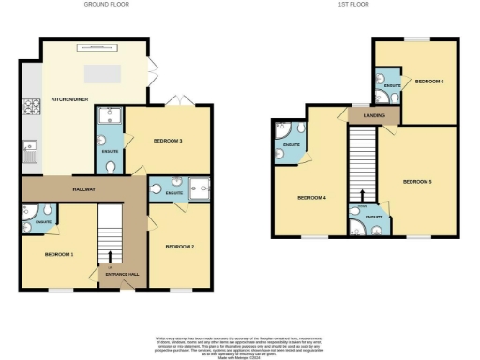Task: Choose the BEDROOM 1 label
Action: (58, 254)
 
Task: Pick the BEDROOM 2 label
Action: (179, 247)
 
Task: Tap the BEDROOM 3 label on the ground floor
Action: (167, 141)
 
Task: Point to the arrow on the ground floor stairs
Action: (112, 254)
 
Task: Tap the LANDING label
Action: (363, 115)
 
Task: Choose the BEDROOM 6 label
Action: (429, 82)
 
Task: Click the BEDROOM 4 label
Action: (311, 198)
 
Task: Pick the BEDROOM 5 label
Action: (417, 181)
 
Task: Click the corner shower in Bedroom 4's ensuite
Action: (281, 132)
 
